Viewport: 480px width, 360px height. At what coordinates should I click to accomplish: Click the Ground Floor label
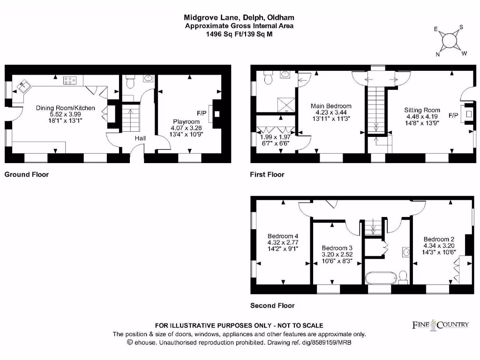pos(27,174)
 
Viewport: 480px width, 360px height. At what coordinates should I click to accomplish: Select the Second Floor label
pos(272,306)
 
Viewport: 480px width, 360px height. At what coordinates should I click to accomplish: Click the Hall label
pos(141,138)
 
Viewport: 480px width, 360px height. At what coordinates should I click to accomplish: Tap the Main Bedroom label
pos(331,106)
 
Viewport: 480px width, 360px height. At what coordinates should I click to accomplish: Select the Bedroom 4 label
pos(283,236)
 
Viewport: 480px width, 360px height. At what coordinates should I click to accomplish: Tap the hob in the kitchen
pos(70,81)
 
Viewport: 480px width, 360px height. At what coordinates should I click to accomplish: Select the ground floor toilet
pos(131,83)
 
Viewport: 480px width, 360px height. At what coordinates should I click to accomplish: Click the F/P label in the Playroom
pos(202,113)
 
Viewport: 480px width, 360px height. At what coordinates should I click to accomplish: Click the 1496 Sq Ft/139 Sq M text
pos(239,34)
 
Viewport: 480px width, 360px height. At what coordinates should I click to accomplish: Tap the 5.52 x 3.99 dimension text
pos(66,114)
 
